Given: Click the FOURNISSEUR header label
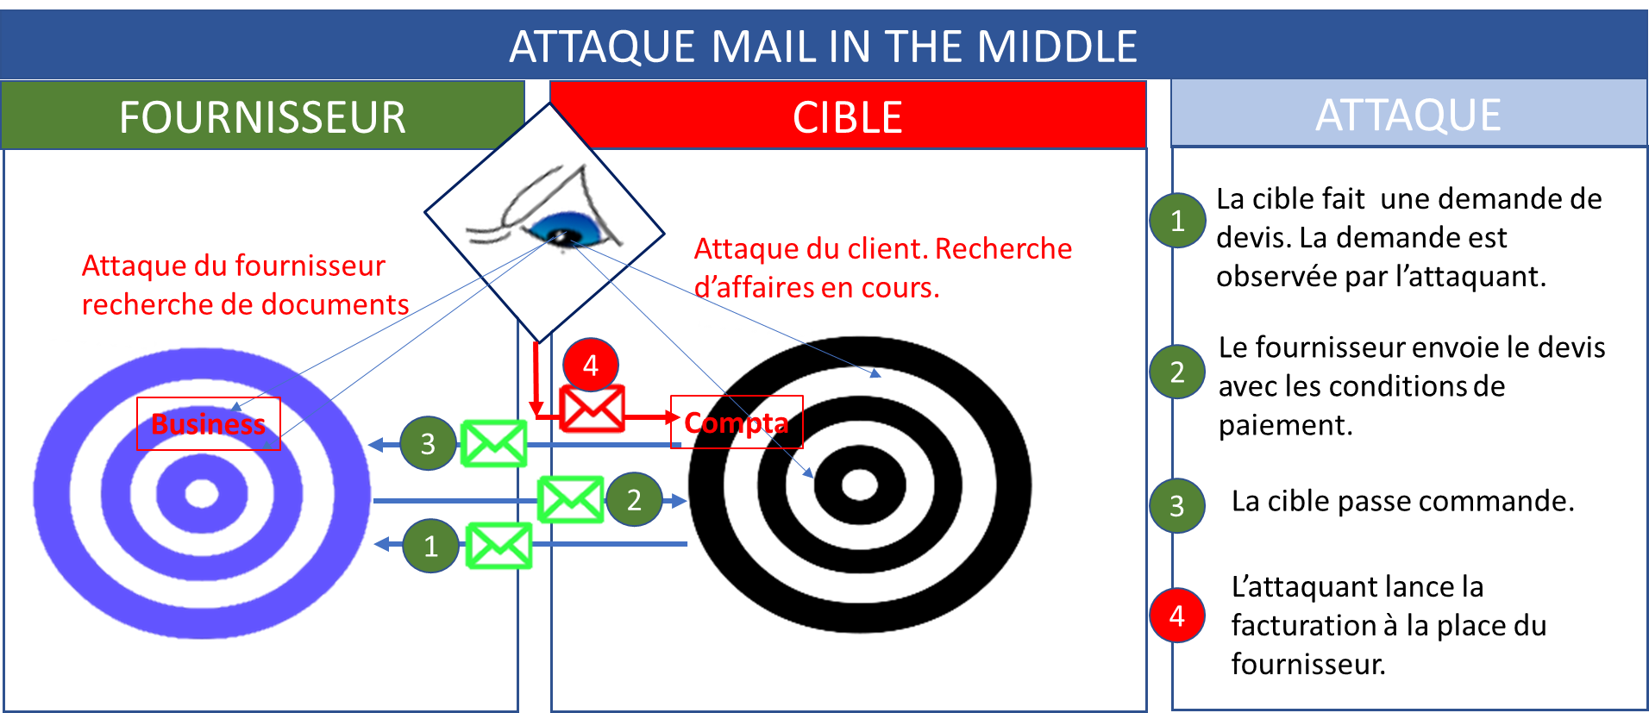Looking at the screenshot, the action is point(262,116).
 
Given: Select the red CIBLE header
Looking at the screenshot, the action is point(848,116).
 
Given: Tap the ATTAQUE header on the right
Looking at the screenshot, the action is point(1408,114).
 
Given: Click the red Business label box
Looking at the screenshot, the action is point(209,424).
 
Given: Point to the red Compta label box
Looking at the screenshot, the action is point(737,422).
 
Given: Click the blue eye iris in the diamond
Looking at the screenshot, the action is point(566,228).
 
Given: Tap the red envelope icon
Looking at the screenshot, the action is point(592,409).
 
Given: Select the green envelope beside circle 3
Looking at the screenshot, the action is point(494,444).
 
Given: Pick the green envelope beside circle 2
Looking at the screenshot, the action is point(570,499).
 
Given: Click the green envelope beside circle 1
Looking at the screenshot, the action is point(498,546).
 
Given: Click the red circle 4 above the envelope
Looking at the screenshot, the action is point(591,365).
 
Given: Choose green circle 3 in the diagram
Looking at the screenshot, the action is point(428,443).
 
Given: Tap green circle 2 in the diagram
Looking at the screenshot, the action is point(634,499).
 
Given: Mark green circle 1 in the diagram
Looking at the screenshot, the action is point(430,546).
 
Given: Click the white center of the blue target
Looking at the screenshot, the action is point(202,493).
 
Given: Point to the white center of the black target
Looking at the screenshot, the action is point(859,485).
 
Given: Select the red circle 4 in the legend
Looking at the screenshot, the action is point(1177,616).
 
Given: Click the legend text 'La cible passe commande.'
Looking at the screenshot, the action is point(1403,501).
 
